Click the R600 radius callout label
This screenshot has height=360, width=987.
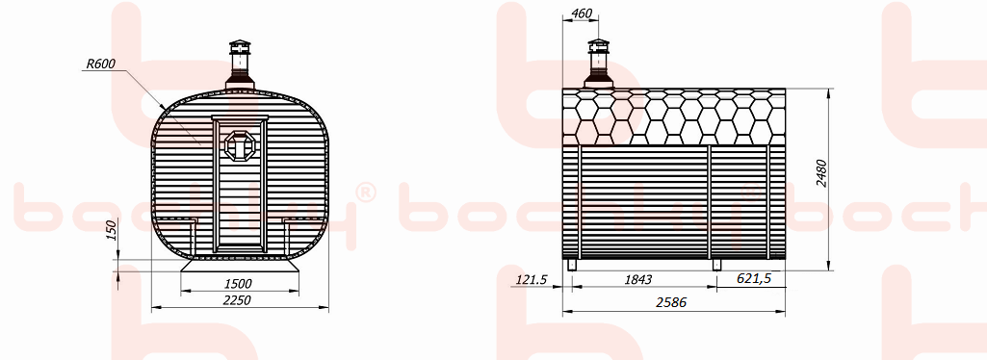tap(101, 64)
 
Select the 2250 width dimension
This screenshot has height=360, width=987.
tap(237, 300)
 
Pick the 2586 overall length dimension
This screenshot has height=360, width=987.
tap(671, 302)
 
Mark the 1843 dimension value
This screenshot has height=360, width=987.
tap(637, 279)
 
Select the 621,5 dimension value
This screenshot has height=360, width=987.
tap(753, 278)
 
